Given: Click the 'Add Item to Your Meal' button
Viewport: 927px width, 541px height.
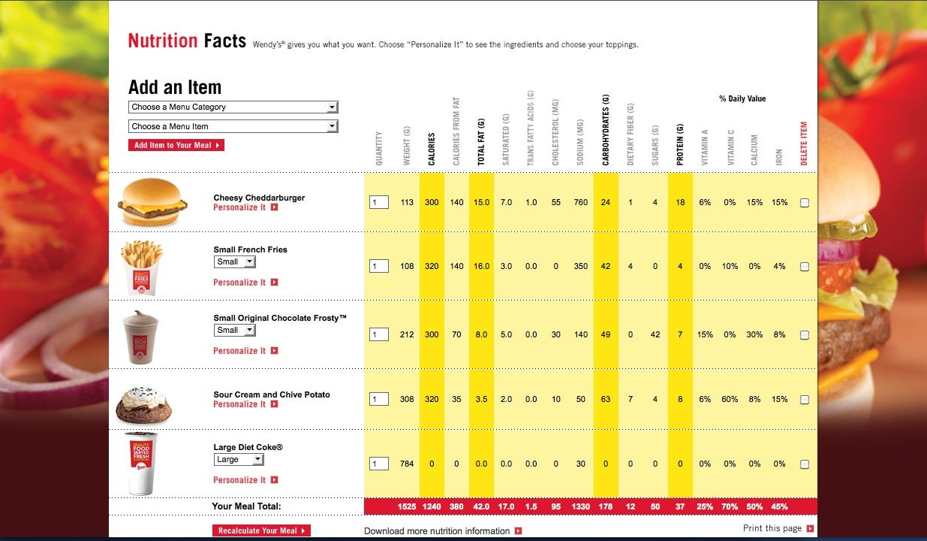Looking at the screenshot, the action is (176, 145).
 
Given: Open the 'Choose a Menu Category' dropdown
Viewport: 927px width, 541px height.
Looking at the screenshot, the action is (233, 107).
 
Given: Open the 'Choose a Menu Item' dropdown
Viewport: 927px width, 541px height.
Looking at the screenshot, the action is (233, 126).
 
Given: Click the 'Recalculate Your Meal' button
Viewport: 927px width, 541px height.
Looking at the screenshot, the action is (261, 530).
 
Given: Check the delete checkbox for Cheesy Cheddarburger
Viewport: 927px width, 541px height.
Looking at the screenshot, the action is (805, 203).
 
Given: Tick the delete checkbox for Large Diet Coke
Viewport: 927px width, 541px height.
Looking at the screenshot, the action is (805, 464).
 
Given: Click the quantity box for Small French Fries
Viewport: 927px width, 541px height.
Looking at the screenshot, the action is (378, 266).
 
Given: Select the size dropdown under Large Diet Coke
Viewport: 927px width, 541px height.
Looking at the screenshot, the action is (239, 459).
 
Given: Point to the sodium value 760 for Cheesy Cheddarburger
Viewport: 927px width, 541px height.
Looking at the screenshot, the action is (581, 202).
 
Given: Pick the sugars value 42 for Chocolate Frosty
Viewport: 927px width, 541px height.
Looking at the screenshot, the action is (655, 334).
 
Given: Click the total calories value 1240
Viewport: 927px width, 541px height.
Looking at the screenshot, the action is (432, 506).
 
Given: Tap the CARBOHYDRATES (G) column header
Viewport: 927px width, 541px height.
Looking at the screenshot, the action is (606, 130).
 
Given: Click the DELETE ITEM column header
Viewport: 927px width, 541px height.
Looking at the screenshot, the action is (804, 144).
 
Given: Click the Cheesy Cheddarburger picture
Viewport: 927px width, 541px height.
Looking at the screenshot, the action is (152, 202).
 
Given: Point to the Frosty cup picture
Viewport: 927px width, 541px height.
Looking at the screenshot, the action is (140, 337).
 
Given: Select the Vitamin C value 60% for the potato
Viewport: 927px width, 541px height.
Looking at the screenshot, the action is (730, 399).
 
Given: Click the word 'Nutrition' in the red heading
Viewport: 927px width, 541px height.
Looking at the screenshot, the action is (163, 41).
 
